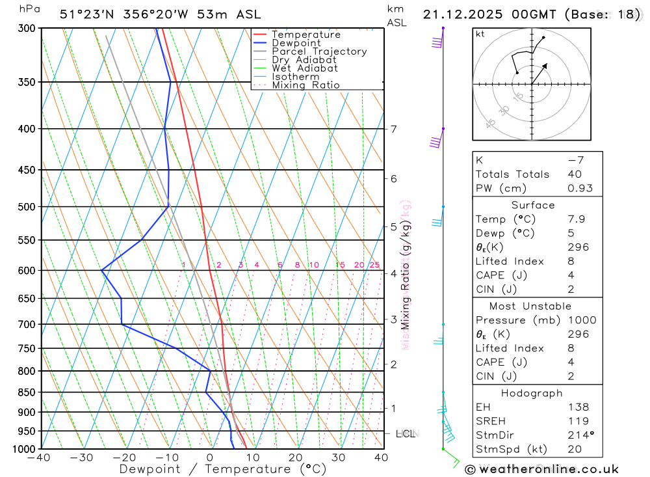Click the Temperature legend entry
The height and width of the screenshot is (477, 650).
305,34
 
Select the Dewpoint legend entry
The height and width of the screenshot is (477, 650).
296,43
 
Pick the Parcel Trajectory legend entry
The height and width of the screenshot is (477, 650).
319,51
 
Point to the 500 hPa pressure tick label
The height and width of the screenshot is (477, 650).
27,207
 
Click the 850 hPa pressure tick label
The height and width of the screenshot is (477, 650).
27,392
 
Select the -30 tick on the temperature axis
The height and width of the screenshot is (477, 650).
82,457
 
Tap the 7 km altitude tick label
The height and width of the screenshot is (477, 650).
394,129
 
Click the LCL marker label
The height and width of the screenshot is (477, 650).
405,433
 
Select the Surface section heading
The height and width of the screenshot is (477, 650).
533,205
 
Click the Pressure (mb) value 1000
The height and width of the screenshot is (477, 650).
580,320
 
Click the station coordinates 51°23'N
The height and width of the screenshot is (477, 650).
84,14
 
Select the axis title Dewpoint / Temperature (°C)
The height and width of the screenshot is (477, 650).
223,469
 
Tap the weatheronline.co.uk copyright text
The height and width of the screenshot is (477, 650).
543,469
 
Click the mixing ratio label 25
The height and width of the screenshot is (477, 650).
374,265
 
